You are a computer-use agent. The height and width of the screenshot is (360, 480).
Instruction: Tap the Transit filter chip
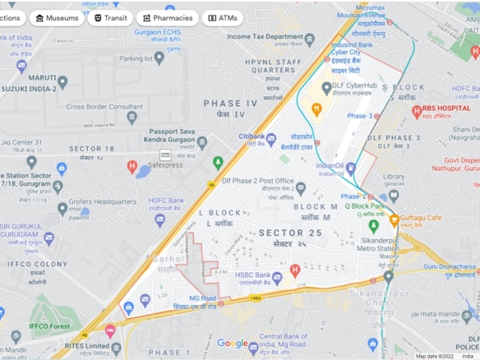(110, 17)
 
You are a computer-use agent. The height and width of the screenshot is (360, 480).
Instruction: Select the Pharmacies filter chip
(168, 17)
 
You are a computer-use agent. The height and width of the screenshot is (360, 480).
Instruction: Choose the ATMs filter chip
(223, 17)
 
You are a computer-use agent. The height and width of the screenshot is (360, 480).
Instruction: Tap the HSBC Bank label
(252, 275)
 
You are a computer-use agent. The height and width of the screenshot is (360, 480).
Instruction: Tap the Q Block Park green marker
(374, 224)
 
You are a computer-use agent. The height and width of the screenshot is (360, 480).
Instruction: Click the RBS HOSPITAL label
(447, 109)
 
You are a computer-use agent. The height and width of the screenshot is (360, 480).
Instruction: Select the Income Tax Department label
(265, 37)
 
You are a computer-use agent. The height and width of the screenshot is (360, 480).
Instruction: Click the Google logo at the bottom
(233, 344)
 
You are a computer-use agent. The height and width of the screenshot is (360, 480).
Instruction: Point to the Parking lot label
(142, 58)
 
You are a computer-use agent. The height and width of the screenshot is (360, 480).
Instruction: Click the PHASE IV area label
(230, 104)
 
